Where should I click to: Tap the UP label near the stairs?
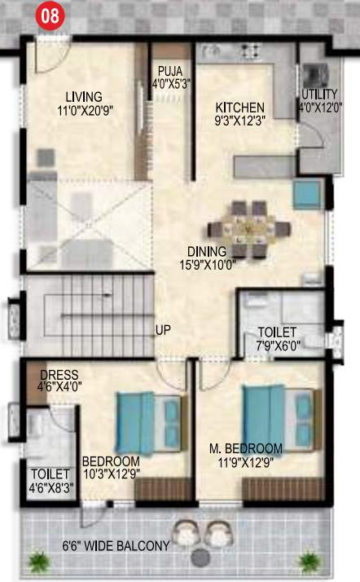(163, 330)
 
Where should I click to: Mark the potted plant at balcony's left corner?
(38, 560)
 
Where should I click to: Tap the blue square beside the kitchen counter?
(307, 195)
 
